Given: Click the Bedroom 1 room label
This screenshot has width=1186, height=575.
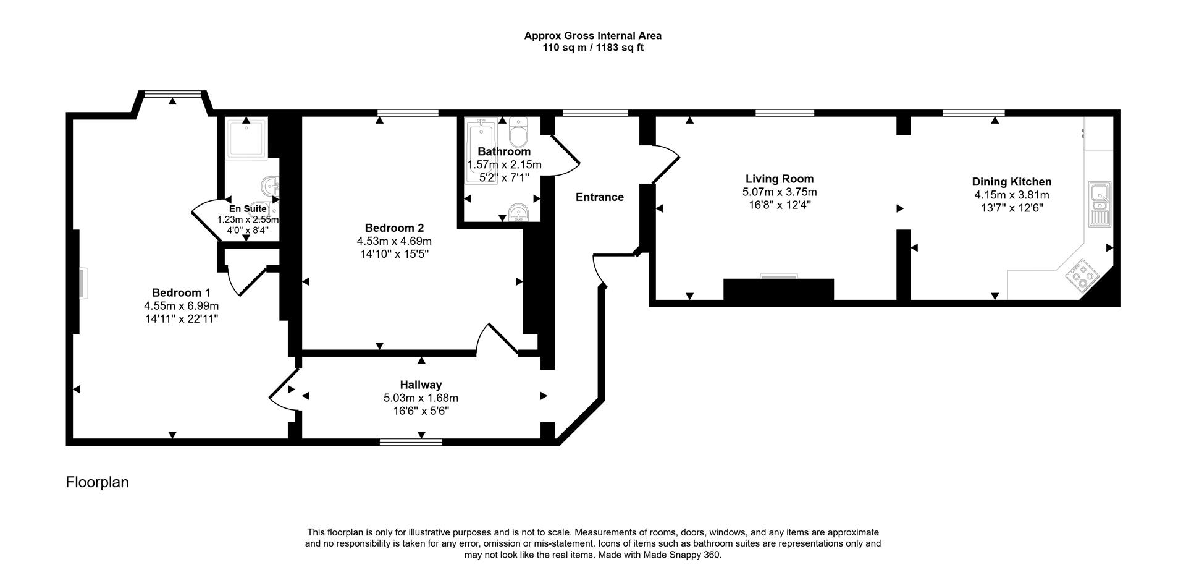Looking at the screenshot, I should [x=181, y=292].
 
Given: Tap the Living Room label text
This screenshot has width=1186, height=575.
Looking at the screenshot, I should [x=779, y=179].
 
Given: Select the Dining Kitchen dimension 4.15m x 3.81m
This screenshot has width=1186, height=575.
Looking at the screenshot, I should [x=1011, y=195].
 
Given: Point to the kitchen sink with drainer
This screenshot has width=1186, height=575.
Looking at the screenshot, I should [x=1100, y=203].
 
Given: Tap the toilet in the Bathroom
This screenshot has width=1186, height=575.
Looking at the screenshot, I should [x=518, y=134].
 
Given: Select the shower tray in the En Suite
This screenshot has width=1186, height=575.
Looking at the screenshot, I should [x=246, y=139].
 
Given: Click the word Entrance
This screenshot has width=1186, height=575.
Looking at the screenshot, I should [x=599, y=197].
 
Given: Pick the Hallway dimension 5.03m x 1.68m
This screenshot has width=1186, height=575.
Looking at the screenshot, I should [x=421, y=398].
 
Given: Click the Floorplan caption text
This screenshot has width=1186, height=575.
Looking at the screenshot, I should [x=97, y=482].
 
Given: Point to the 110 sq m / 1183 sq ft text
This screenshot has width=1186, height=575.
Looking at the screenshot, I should [x=592, y=48].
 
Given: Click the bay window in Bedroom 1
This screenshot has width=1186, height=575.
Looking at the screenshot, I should [x=172, y=93].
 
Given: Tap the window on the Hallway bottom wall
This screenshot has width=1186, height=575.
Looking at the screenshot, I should [x=411, y=441].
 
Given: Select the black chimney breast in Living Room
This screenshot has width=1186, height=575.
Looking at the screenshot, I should [x=778, y=289].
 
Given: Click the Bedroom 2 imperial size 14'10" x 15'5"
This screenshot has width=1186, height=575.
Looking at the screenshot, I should [x=393, y=254].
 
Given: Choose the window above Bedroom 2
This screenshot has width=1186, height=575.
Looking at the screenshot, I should [x=408, y=113].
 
